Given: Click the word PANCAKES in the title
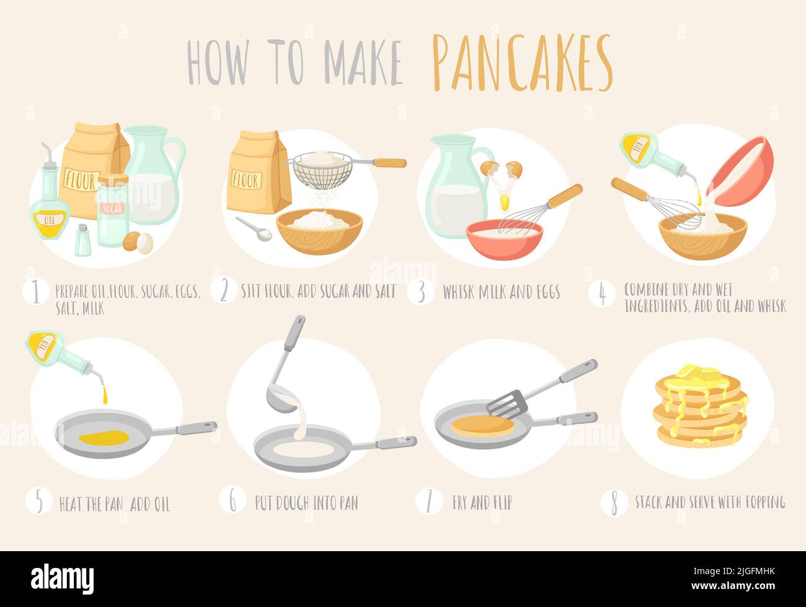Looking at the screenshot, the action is point(523,63).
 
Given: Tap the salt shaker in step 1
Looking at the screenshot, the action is point(83,240).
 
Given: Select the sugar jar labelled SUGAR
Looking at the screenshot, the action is point(113,211).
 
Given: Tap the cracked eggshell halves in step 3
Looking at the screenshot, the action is point(501,169).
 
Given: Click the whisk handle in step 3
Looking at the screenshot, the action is point(565,196).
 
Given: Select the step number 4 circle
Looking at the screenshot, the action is point(601,294).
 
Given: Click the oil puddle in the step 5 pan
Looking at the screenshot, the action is point(104,437).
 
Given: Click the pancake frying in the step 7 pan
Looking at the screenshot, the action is point(482,426).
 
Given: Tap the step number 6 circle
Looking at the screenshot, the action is point(232,500).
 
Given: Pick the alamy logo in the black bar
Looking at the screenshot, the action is point(63,580).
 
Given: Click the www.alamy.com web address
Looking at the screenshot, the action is point(733,586).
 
